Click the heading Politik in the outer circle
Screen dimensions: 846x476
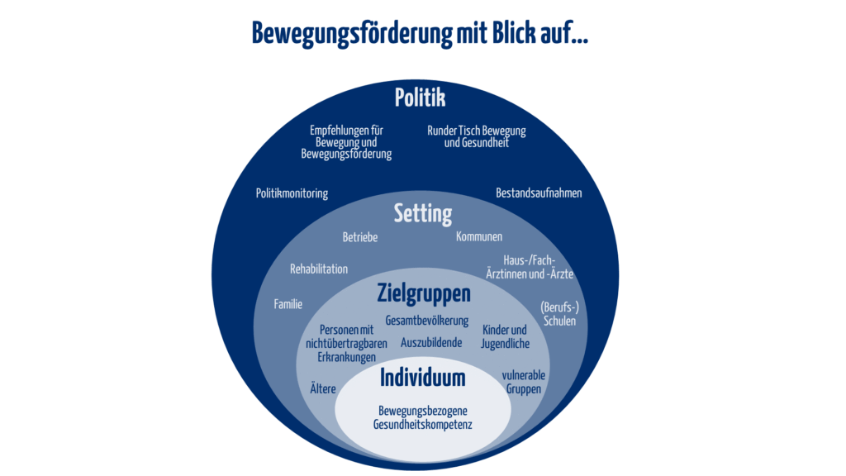(421, 98)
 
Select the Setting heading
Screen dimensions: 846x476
(423, 214)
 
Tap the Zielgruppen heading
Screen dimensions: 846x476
(424, 294)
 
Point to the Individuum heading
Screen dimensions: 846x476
(422, 378)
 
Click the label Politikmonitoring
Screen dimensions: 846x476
(292, 193)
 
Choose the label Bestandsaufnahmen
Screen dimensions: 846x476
(539, 193)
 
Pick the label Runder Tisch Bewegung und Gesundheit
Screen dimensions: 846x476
(477, 136)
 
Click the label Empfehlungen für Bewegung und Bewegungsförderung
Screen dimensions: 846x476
(346, 142)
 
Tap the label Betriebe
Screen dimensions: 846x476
(360, 237)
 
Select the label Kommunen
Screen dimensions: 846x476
(479, 236)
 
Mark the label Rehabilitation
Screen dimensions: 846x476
(319, 269)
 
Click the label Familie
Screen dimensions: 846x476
(288, 304)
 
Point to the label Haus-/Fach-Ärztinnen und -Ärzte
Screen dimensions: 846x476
(530, 267)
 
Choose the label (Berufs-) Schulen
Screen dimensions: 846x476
(559, 314)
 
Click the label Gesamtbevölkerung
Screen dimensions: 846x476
(427, 321)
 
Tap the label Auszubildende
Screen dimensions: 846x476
(431, 343)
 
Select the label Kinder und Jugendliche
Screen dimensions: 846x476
(505, 337)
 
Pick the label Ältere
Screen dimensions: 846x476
(323, 388)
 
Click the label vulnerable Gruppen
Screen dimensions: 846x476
(523, 382)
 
